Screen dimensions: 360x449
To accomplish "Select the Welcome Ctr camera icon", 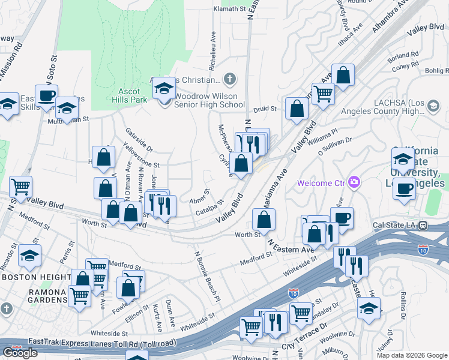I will (354, 182).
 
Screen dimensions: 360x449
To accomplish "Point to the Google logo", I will (20, 353).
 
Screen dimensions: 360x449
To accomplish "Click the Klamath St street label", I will (230, 10).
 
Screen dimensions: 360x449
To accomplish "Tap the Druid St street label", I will (264, 109).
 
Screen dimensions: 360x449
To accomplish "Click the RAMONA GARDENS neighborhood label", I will (34, 300).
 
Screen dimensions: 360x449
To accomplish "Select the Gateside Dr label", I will (139, 140).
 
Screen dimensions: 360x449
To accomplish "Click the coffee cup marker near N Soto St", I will (46, 95).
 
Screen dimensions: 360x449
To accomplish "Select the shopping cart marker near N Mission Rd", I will (20, 187).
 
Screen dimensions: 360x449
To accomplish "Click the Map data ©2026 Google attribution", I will (411, 355).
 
